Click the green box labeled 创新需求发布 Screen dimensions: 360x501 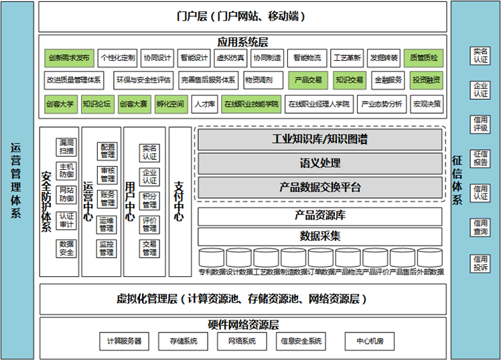pyautogui.click(x=68, y=58)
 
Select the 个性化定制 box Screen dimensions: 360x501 pyautogui.click(x=117, y=58)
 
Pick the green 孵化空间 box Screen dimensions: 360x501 pyautogui.click(x=169, y=104)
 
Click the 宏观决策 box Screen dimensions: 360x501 pyautogui.click(x=427, y=104)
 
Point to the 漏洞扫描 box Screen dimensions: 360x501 pyautogui.click(x=66, y=147)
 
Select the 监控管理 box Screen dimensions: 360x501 pyautogui.click(x=106, y=248)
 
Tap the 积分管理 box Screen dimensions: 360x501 pyautogui.click(x=149, y=201)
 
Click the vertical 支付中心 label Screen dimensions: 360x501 pyautogui.click(x=179, y=201)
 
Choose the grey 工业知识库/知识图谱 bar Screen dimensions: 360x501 pyautogui.click(x=319, y=140)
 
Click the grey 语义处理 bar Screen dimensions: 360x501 pyautogui.click(x=319, y=163)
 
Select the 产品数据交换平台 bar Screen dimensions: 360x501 pyautogui.click(x=319, y=187)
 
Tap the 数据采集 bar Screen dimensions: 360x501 pyautogui.click(x=319, y=236)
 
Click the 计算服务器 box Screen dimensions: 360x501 pyautogui.click(x=124, y=341)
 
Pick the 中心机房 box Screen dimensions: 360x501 pyautogui.click(x=370, y=341)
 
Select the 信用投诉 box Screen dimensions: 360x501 pyautogui.click(x=480, y=264)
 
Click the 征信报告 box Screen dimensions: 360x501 pyautogui.click(x=480, y=159)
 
